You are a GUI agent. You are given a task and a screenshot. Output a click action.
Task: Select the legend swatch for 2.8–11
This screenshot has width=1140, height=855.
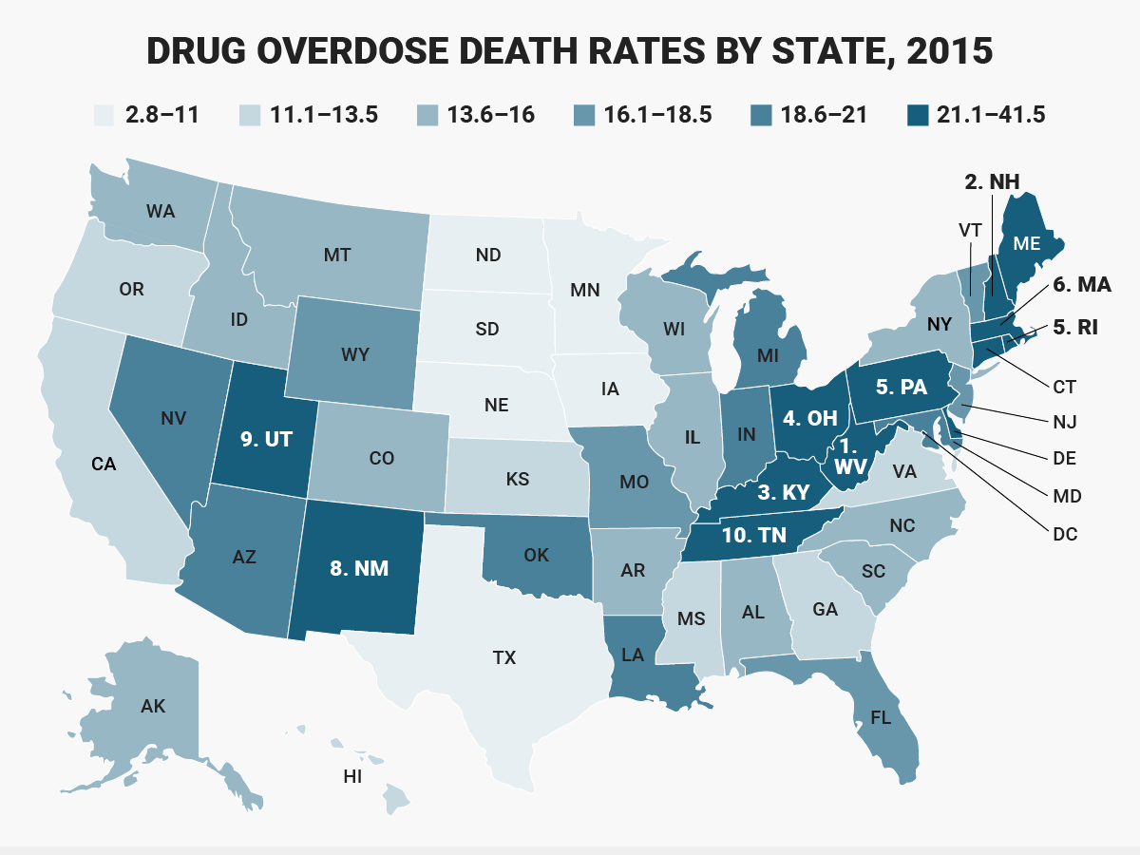click(105, 116)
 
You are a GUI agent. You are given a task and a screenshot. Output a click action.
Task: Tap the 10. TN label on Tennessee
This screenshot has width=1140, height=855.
click(753, 535)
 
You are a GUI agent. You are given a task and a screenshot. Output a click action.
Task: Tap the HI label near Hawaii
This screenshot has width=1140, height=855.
click(352, 776)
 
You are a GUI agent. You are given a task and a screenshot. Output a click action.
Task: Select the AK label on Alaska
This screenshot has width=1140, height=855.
click(153, 706)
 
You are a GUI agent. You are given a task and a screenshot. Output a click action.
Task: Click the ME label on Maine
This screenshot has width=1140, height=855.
click(1026, 243)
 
